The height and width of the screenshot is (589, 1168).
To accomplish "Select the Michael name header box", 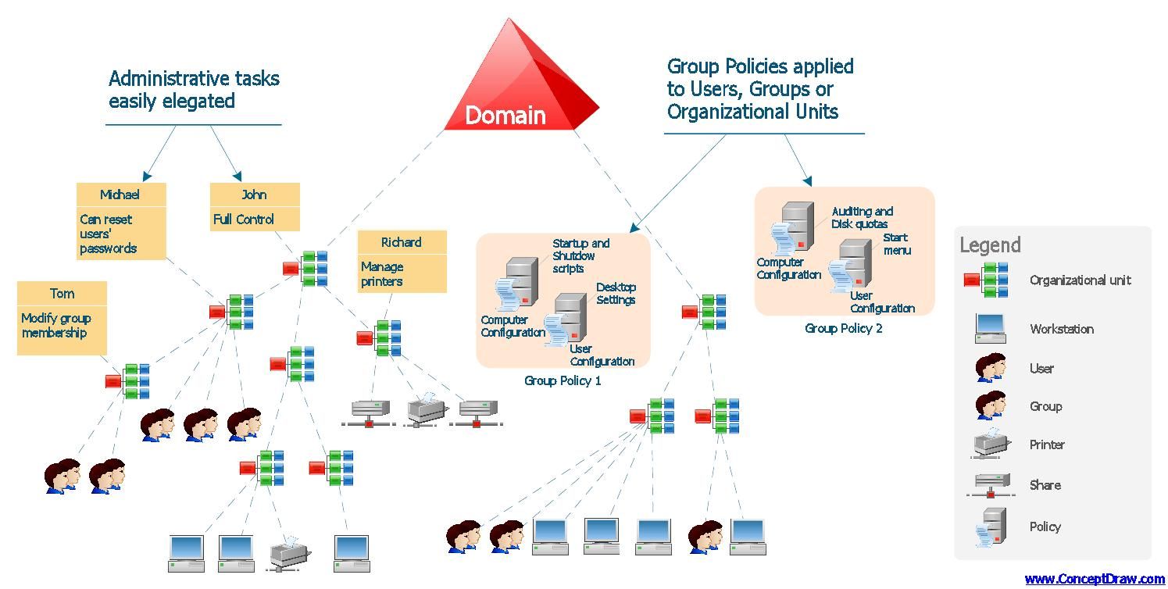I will [120, 195].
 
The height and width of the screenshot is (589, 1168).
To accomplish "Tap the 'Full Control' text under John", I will [244, 220].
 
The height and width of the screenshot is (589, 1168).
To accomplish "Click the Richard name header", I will [402, 242].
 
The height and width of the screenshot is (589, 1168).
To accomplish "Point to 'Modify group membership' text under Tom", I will [56, 326].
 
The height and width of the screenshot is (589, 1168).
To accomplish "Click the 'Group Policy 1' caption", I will [563, 381].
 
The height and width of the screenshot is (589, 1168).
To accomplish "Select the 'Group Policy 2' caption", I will [844, 329].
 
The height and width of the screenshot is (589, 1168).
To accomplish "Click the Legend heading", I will [990, 245].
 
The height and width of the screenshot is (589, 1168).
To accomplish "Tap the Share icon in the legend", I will [991, 484].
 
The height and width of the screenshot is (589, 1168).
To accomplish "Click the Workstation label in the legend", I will [1061, 329].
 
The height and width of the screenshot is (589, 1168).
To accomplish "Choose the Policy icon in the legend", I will [991, 527].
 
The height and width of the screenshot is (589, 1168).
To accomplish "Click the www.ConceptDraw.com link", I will [1094, 579].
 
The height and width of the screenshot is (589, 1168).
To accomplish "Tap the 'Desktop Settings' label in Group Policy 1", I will [616, 294].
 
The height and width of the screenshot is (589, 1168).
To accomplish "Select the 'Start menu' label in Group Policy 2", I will [896, 244].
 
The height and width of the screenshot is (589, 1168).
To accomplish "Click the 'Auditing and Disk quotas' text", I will [861, 217].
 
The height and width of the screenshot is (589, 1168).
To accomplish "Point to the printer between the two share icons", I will [427, 409].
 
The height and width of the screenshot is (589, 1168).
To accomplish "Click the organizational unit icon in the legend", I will [987, 280].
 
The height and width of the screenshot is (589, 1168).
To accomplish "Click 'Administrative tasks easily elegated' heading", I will [194, 90].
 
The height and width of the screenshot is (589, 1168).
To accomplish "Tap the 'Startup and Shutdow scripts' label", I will [580, 255].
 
